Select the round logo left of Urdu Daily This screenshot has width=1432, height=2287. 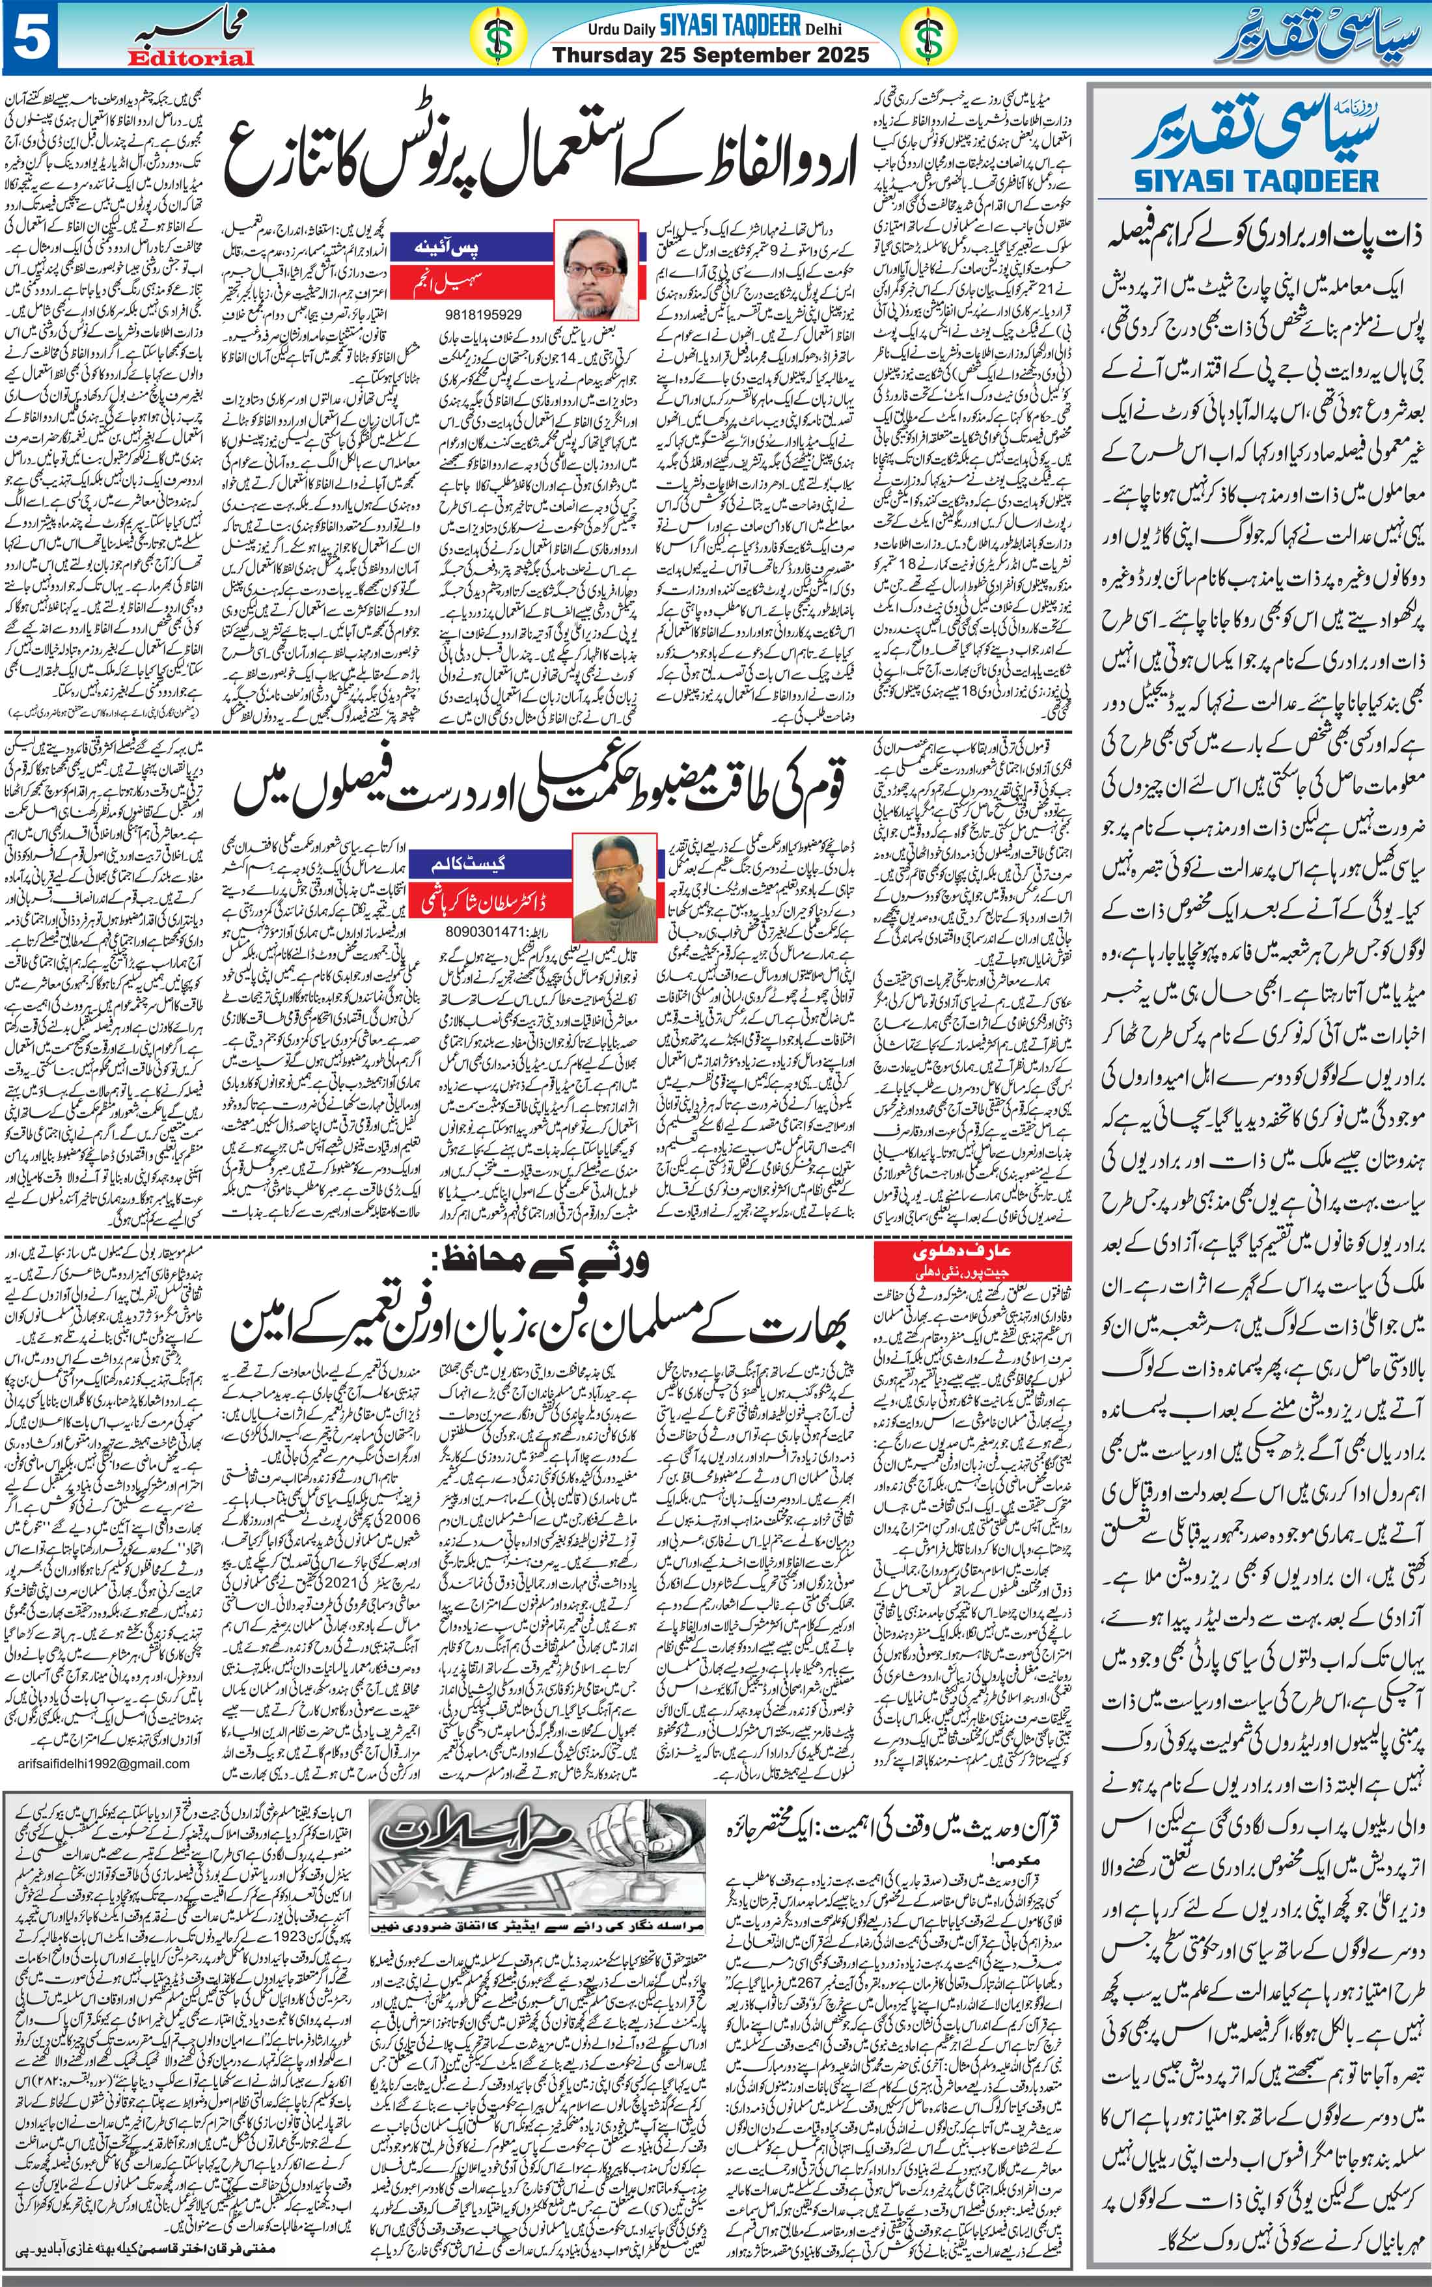point(493,38)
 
